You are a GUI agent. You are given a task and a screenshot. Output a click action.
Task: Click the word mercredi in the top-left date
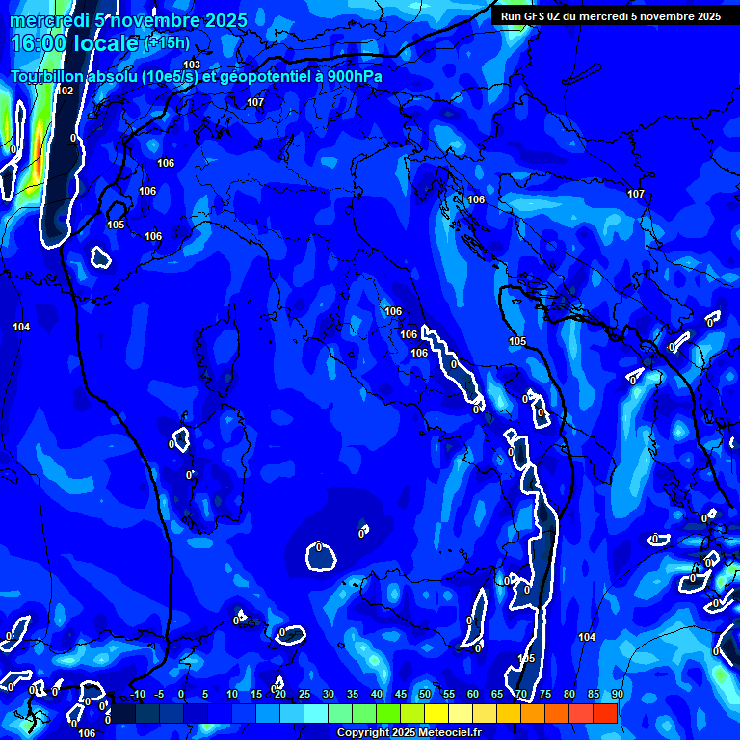pos(49,21)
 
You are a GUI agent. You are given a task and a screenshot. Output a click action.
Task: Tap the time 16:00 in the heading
pos(40,43)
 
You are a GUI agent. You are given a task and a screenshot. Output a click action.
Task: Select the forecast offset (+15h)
pos(167,43)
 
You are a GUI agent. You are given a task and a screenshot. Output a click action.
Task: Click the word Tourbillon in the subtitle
pos(49,76)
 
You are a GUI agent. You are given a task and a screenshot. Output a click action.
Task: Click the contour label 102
pos(65,91)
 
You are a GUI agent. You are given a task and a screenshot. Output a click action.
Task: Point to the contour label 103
pos(192,65)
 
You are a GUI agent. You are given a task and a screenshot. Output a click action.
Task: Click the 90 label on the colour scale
pos(617,695)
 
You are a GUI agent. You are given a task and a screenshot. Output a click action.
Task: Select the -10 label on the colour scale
pos(137,695)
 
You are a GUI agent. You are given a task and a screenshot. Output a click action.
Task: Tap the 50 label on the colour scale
pos(425,695)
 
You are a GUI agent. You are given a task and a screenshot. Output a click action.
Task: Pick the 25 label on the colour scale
pos(304,695)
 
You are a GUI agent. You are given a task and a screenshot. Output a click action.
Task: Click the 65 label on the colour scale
pos(497,695)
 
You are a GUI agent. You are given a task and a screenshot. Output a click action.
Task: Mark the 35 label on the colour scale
pos(353,695)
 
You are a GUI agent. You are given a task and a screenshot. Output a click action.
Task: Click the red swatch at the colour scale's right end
pos(605,713)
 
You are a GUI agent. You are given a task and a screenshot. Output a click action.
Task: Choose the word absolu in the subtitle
pos(122,76)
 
